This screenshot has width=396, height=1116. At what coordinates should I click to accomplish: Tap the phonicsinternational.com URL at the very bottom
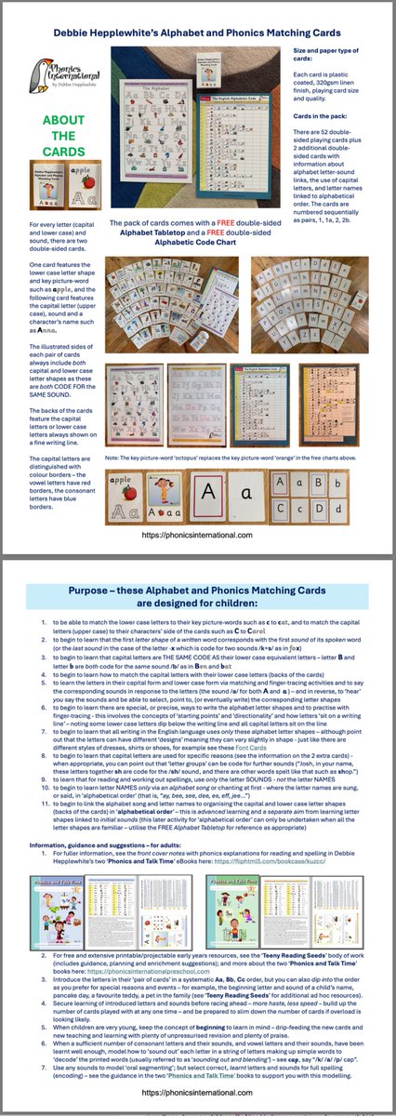point(197,1097)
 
